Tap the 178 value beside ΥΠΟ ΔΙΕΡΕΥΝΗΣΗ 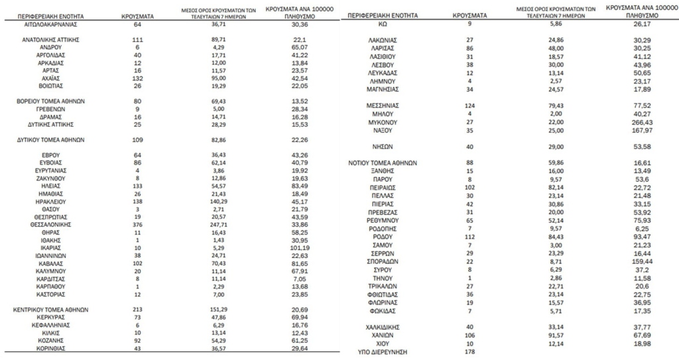click(469, 351)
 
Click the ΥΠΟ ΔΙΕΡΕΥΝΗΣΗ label click(381, 351)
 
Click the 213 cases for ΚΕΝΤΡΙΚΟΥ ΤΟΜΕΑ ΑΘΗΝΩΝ click(137, 310)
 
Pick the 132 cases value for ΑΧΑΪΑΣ click(137, 78)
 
